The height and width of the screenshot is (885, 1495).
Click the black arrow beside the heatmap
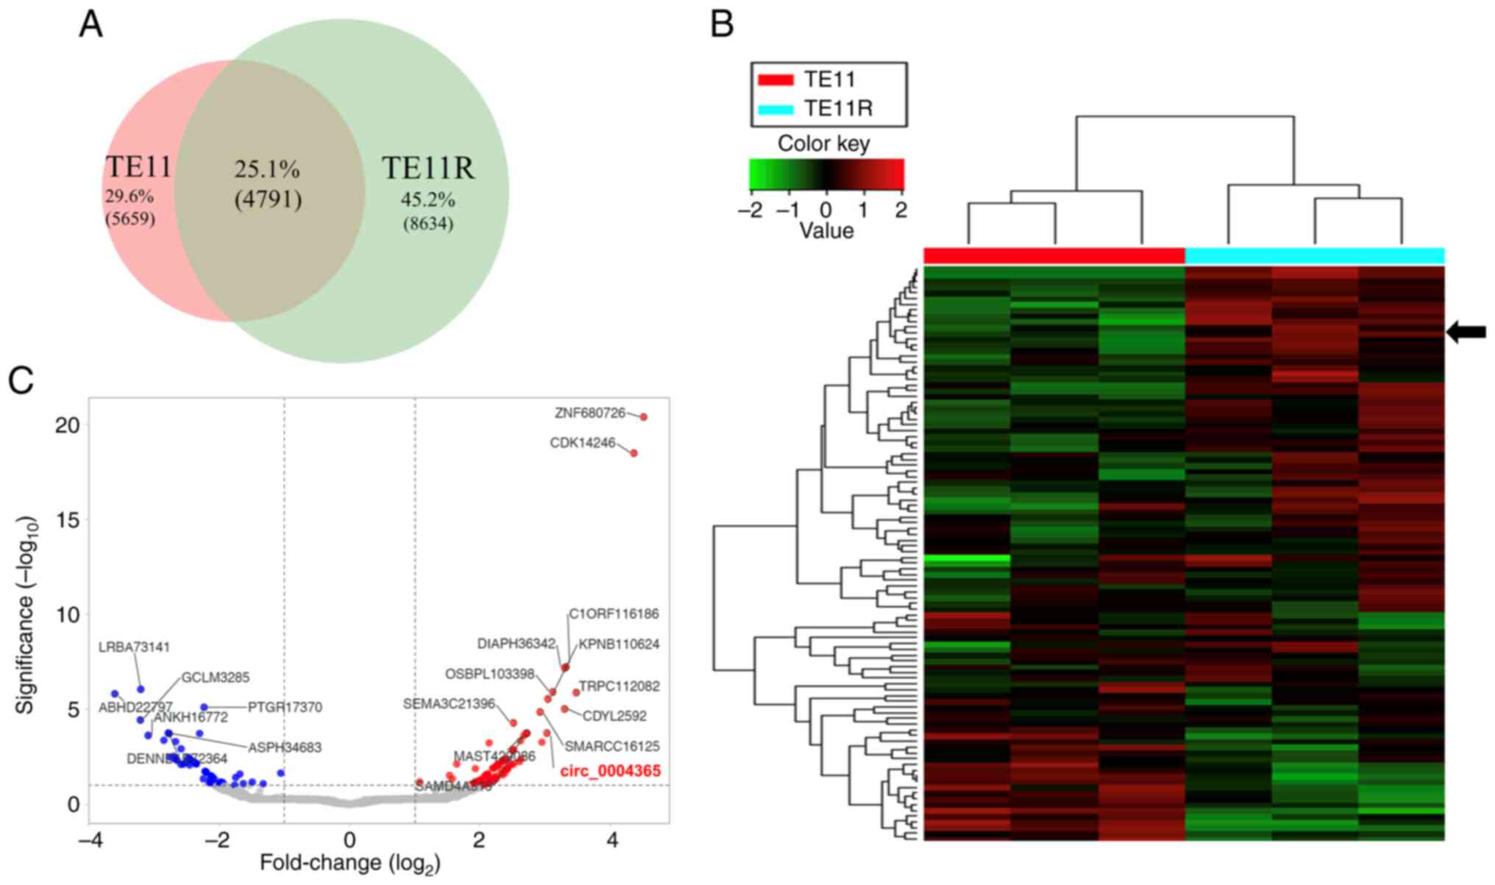tap(1466, 333)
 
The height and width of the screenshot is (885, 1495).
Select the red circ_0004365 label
tap(610, 771)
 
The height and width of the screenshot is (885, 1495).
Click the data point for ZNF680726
tap(643, 417)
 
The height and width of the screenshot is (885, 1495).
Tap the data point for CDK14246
tap(633, 453)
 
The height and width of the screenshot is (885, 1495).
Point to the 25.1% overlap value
tap(267, 169)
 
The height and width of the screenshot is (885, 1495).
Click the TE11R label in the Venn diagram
tap(427, 168)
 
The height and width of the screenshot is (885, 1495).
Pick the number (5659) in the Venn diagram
tap(130, 218)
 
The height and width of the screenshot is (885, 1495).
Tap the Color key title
tap(823, 143)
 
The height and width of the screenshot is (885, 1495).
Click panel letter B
tap(722, 24)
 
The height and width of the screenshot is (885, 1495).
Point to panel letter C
tap(21, 380)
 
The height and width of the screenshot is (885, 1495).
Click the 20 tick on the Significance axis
tap(67, 425)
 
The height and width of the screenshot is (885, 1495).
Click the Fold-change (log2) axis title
tap(349, 863)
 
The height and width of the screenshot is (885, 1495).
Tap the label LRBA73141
tap(134, 647)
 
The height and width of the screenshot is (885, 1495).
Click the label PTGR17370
tap(285, 708)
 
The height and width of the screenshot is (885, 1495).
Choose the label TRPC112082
tap(619, 687)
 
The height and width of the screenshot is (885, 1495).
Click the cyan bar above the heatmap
tap(1315, 256)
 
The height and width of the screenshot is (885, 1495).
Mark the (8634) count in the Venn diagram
tap(427, 224)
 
